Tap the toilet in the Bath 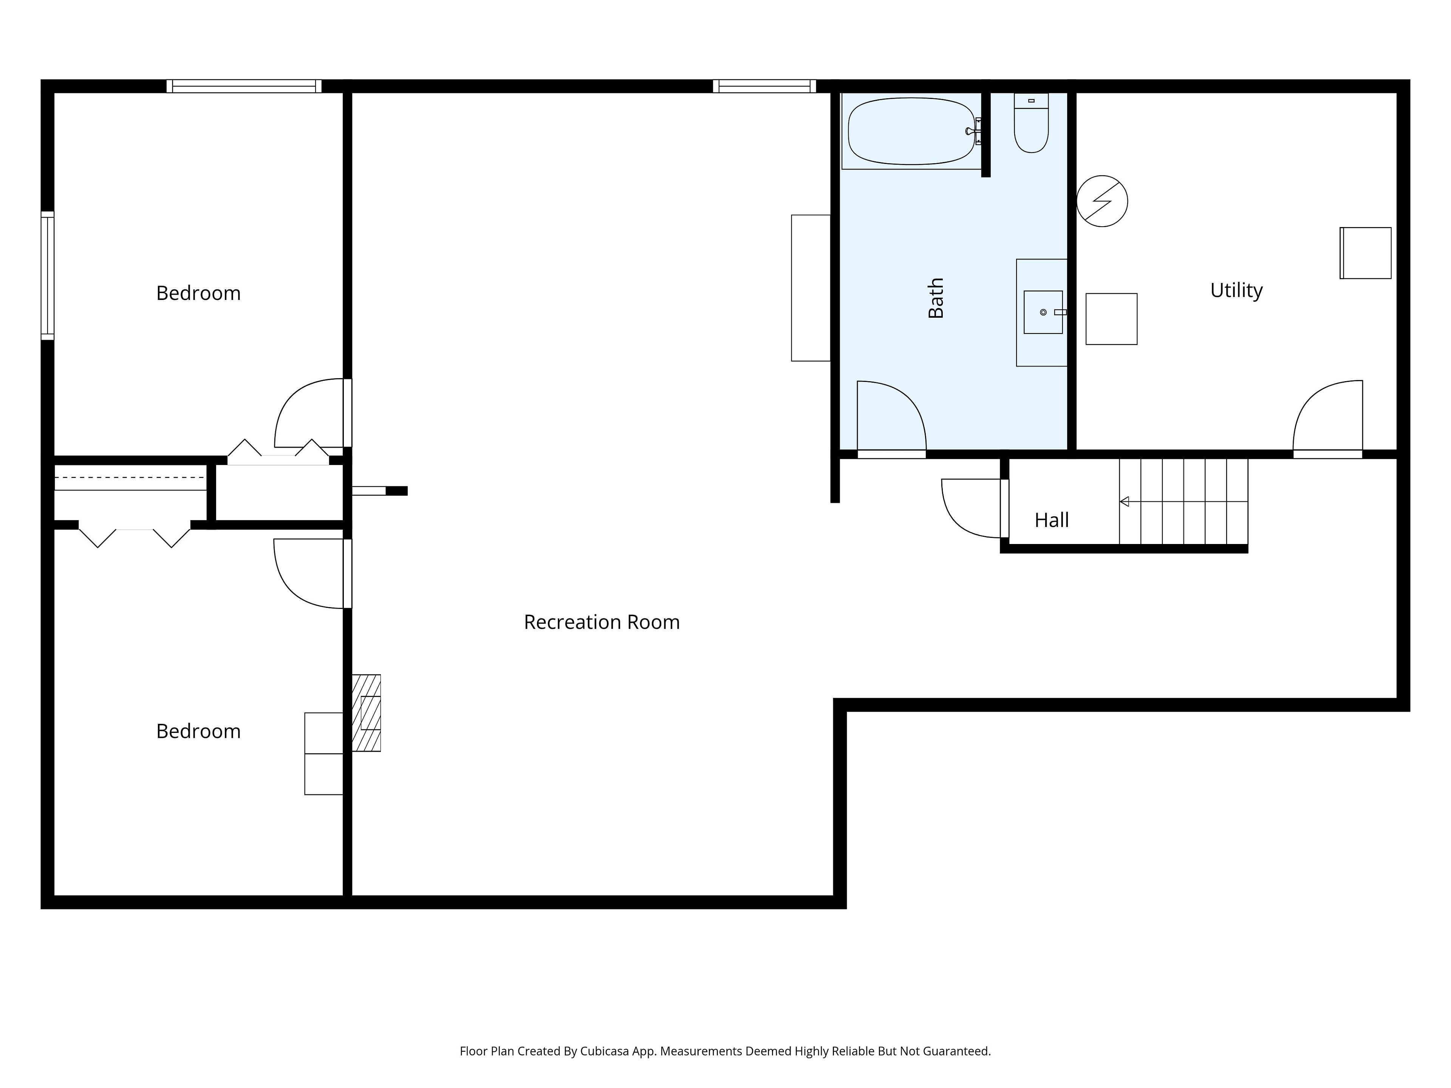click(1031, 123)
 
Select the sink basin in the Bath click(1043, 312)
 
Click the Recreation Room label click(602, 622)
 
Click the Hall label click(1052, 520)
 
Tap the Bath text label click(936, 298)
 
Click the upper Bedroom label click(198, 293)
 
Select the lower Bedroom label click(198, 731)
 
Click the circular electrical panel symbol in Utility click(1102, 201)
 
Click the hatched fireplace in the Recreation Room click(366, 713)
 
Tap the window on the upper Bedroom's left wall click(47, 275)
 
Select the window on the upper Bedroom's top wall click(244, 86)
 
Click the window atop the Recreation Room click(764, 86)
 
